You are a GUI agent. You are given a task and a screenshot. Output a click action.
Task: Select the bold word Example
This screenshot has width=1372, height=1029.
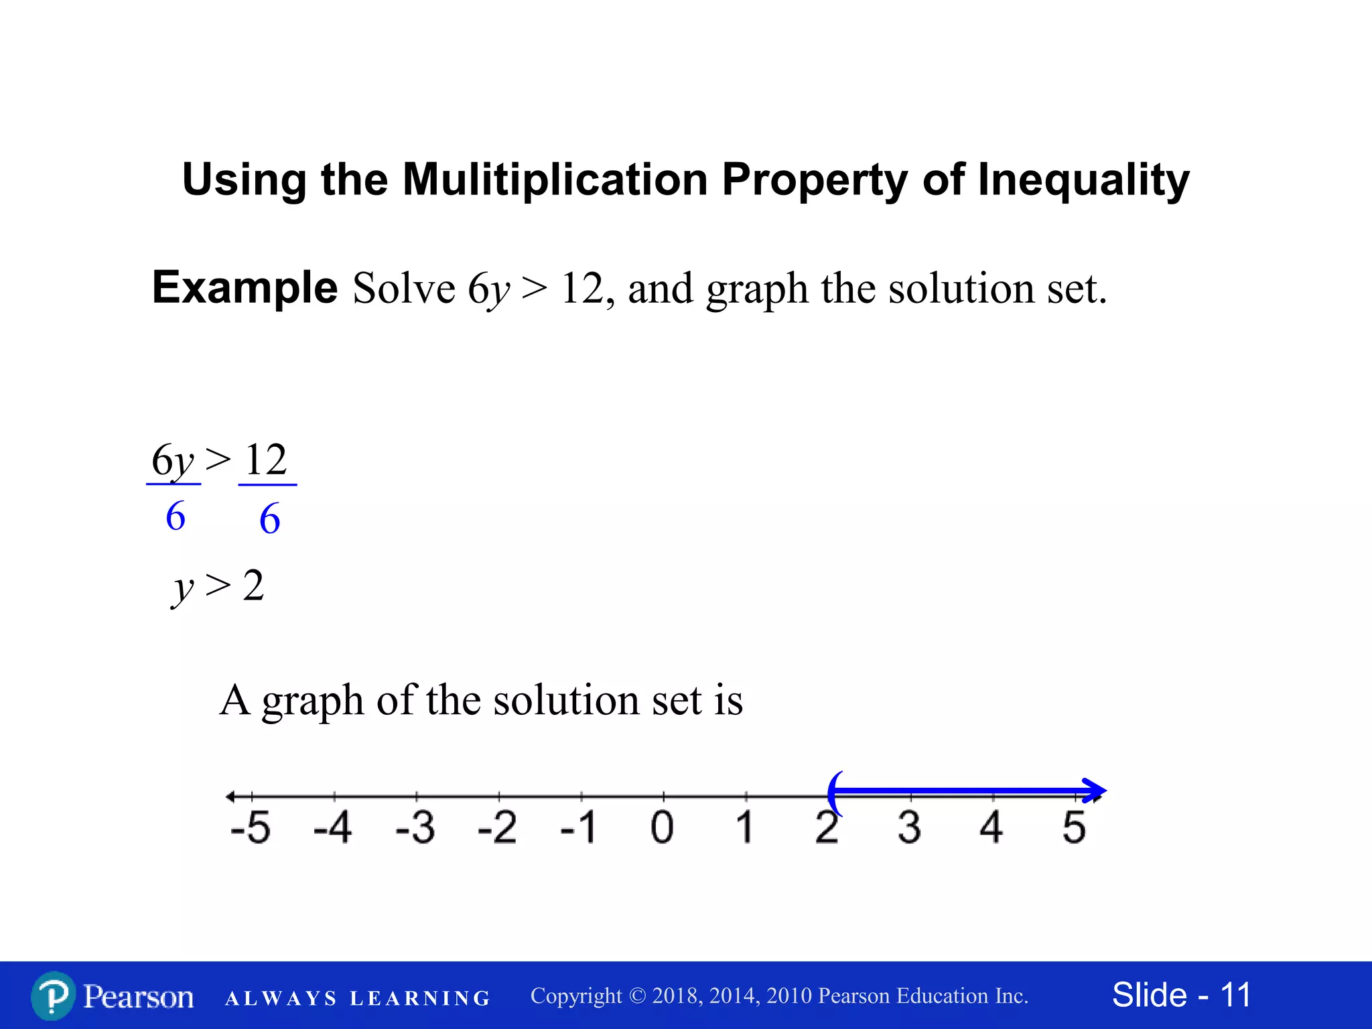click(x=245, y=288)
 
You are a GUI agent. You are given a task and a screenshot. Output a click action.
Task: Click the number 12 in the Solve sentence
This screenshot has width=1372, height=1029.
click(x=582, y=289)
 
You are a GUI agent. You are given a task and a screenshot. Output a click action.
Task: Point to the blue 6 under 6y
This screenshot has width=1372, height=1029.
click(x=176, y=517)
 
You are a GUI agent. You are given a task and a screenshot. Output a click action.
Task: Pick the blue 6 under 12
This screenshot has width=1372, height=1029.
click(x=269, y=519)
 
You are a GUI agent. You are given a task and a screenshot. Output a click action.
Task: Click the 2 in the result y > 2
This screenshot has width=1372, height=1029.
click(x=253, y=586)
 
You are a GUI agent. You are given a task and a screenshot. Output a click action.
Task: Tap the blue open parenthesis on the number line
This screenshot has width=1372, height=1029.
click(x=834, y=793)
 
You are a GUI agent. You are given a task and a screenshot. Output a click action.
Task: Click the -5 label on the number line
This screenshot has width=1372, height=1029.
click(x=250, y=827)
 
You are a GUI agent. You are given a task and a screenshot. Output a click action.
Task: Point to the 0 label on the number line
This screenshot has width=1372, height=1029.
click(x=662, y=827)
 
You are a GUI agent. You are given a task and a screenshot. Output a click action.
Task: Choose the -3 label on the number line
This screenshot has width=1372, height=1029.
click(x=415, y=827)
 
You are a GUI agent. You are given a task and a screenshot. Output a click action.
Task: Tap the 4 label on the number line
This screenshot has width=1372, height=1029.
click(x=991, y=827)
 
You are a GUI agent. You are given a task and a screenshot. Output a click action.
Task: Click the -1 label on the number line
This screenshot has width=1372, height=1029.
click(x=579, y=827)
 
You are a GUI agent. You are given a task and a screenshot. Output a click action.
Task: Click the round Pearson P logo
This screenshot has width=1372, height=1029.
click(x=53, y=996)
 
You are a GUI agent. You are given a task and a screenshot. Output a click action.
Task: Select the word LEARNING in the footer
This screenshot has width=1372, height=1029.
click(x=420, y=999)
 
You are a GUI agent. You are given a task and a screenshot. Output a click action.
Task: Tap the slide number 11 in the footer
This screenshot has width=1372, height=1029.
click(x=1235, y=996)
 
